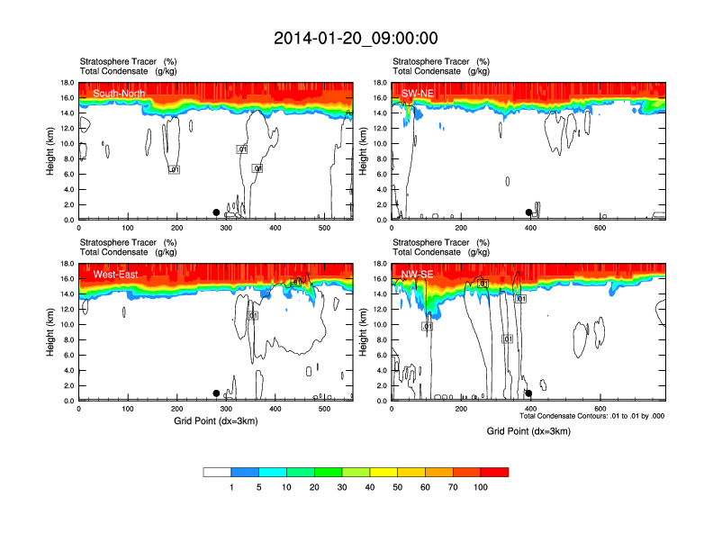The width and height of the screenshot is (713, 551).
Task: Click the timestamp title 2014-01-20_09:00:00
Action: [356, 38]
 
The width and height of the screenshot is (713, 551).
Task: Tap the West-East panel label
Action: [115, 274]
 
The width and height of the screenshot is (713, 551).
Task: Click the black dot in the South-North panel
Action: [216, 212]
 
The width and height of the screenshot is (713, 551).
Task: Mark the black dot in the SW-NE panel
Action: [528, 212]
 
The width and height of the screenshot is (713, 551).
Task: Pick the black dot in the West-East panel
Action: [216, 393]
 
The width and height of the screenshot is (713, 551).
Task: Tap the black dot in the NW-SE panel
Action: [528, 393]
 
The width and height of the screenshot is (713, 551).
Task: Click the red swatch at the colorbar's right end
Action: [494, 472]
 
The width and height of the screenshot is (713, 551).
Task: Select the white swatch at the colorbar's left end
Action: [217, 472]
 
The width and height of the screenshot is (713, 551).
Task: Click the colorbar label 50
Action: [397, 487]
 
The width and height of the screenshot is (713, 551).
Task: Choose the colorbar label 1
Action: [231, 487]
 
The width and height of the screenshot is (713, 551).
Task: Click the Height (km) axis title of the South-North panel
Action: [50, 151]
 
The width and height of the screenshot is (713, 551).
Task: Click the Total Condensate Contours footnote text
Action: [591, 416]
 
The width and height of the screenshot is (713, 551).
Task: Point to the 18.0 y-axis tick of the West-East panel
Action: [66, 264]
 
